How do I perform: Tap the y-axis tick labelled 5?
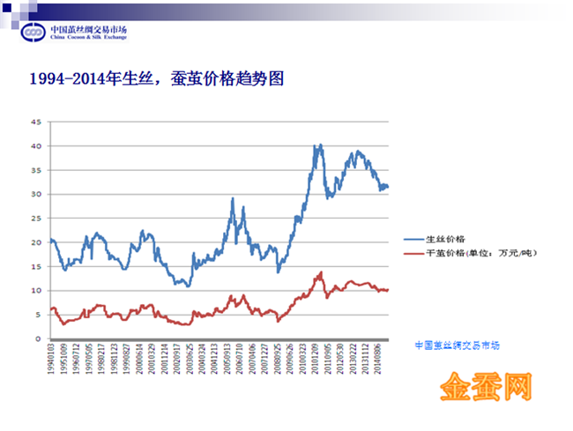point(38,315)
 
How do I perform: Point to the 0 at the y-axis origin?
point(38,338)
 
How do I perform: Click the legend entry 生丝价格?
point(446,239)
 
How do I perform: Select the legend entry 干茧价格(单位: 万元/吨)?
point(480,253)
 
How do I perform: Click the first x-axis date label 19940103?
point(52,363)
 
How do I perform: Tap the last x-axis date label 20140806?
point(379,363)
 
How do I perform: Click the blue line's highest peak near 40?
point(320,145)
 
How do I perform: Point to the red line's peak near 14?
point(321,272)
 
